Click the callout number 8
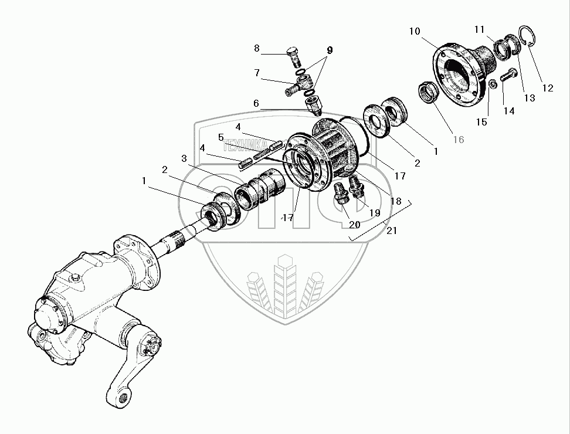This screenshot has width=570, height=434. tap(256, 49)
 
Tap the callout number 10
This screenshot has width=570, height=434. tap(415, 30)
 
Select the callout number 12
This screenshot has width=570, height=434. tap(547, 89)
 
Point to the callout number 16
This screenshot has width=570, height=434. tap(458, 139)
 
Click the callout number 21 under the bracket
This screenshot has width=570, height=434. tap(392, 230)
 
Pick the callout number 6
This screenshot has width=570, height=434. tap(256, 103)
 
